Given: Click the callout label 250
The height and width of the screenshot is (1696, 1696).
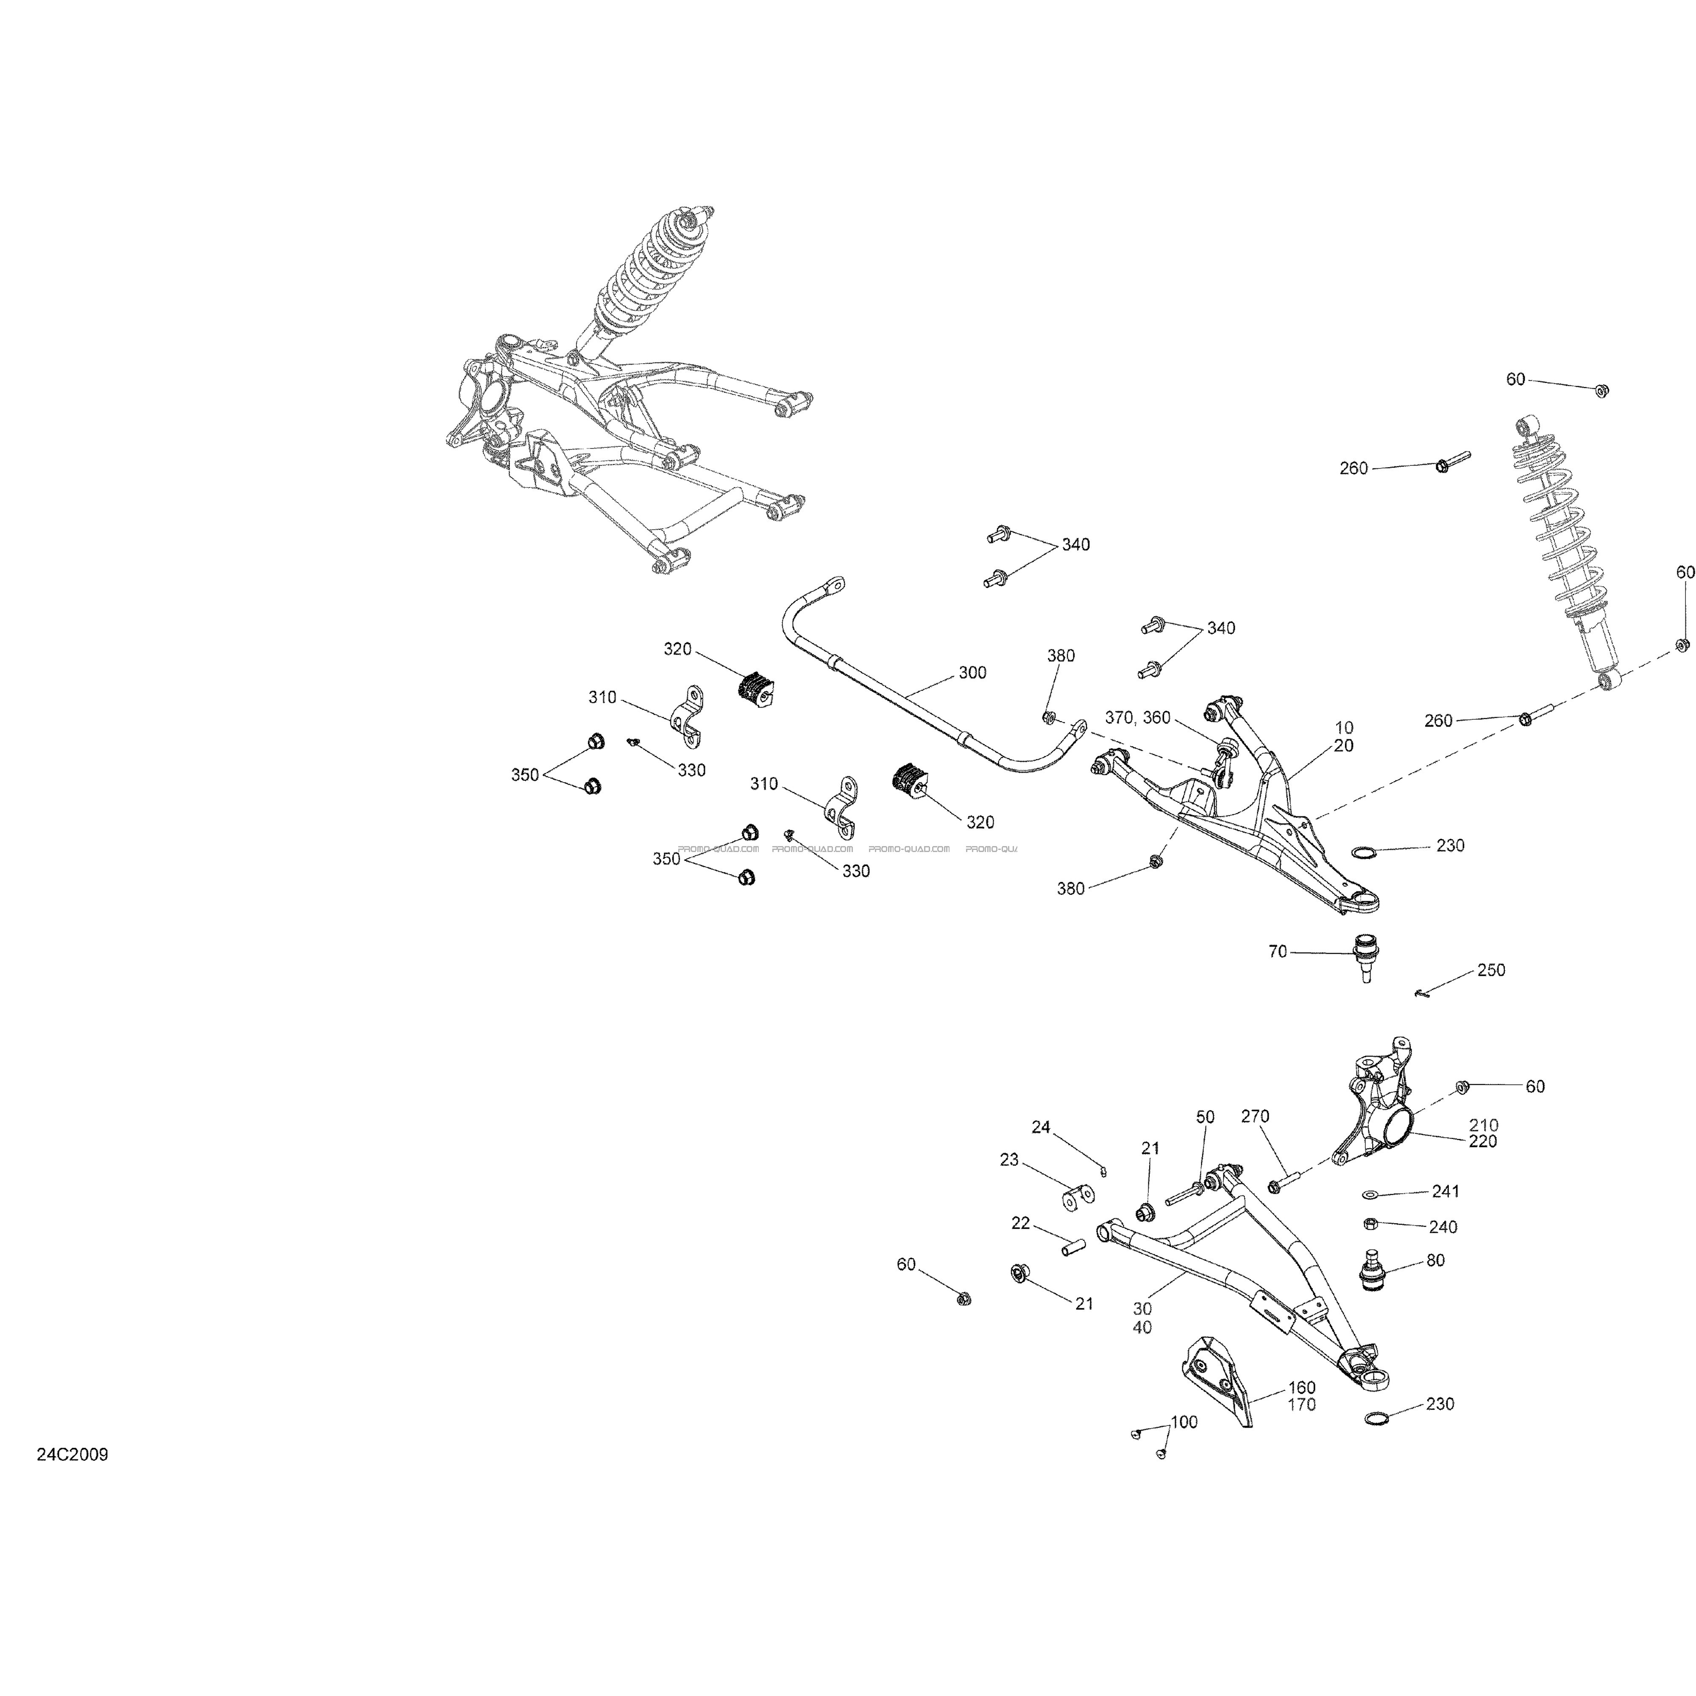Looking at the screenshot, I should (x=1490, y=970).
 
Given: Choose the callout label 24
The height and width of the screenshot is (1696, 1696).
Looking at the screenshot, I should (x=1040, y=1127).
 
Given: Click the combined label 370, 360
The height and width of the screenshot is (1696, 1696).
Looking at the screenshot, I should (x=1138, y=717).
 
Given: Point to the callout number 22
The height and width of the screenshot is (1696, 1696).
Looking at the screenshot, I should (x=1020, y=1223).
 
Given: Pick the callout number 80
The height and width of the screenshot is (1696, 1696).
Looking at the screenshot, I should (x=1435, y=1261).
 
